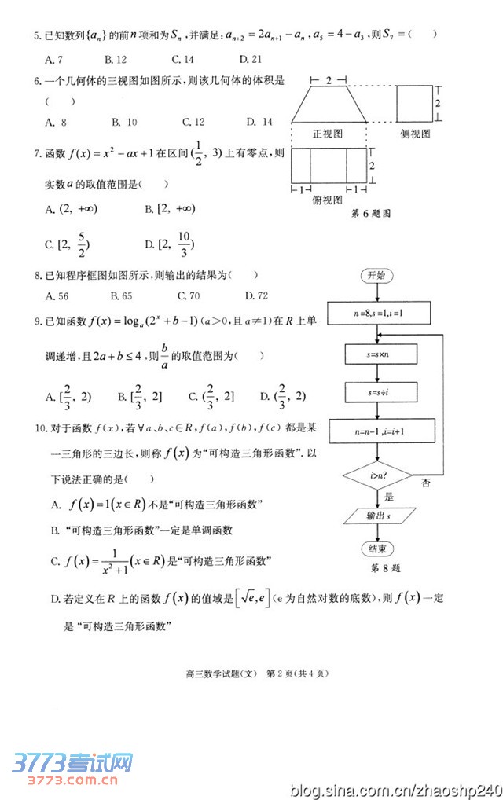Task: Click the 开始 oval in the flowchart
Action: pos(376,276)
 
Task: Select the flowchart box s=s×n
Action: pos(383,355)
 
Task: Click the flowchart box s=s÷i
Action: pos(383,391)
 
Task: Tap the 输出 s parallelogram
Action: pos(380,516)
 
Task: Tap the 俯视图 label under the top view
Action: pos(327,200)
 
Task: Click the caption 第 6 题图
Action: pos(369,213)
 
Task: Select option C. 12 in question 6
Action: pos(193,122)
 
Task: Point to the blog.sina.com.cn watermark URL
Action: pos(394,787)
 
